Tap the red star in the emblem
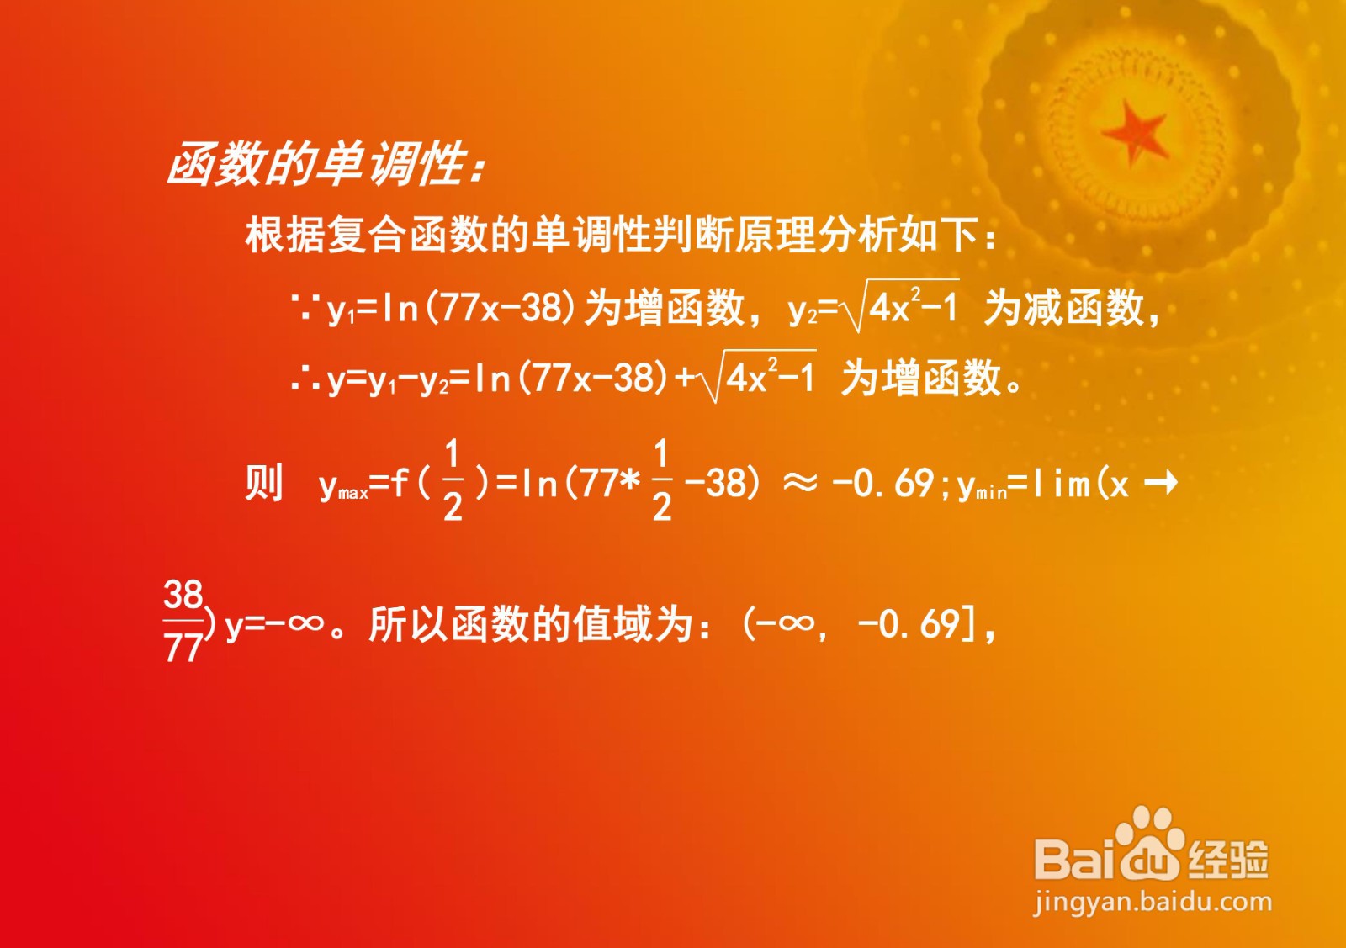[x=1136, y=132]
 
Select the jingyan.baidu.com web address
[x=1153, y=903]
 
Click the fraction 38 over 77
[x=183, y=622]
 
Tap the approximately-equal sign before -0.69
[x=800, y=483]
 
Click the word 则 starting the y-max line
[x=263, y=483]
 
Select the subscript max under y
[x=353, y=494]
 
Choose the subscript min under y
[x=990, y=494]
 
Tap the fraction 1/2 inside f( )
[x=453, y=479]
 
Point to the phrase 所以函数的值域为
[x=531, y=625]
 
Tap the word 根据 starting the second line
[x=285, y=235]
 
